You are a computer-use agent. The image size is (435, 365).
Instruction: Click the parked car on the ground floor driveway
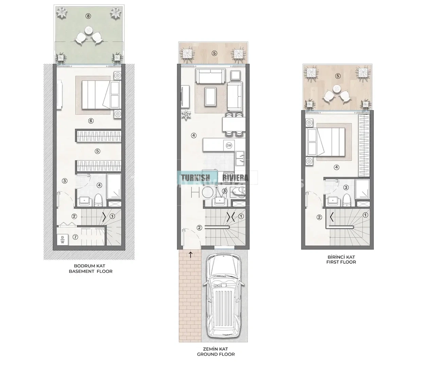[x=224, y=298]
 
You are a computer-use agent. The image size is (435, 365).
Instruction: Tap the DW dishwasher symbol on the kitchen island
[x=229, y=145]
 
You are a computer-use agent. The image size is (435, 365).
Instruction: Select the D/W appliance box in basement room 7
[x=63, y=240]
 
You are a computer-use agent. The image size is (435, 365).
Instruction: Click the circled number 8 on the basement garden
[x=88, y=16]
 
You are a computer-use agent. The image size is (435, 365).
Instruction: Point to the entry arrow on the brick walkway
[x=190, y=254]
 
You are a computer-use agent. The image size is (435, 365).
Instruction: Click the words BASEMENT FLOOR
[x=91, y=271]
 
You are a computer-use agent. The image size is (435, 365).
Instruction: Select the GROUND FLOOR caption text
[x=216, y=354]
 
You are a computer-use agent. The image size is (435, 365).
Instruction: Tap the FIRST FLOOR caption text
[x=341, y=262]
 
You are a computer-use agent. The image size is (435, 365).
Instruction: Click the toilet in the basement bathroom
[x=98, y=200]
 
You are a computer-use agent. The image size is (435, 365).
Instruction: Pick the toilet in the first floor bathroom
[x=346, y=200]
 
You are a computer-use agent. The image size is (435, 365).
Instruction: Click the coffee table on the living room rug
[x=211, y=97]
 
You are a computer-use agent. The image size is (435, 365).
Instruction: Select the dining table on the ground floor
[x=234, y=124]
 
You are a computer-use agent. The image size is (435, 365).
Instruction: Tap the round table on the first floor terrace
[x=336, y=89]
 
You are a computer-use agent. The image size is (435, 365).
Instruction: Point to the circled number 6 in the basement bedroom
[x=91, y=121]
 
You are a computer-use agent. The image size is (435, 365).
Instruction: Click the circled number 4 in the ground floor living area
[x=194, y=135]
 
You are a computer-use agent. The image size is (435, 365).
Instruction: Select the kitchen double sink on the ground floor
[x=240, y=158]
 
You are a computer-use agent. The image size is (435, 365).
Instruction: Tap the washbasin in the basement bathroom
[x=84, y=201]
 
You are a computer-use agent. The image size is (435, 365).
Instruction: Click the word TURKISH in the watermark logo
[x=195, y=178]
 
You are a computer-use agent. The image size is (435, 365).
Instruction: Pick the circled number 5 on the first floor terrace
[x=338, y=76]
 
